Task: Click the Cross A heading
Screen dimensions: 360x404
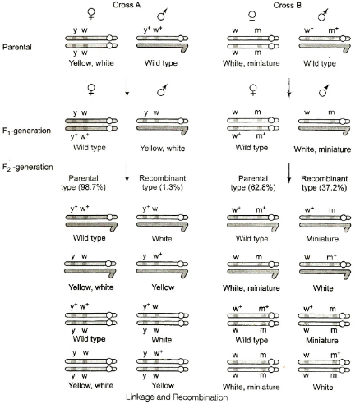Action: (127, 5)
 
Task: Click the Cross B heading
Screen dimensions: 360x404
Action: (288, 5)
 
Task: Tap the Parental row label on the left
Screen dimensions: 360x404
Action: (17, 47)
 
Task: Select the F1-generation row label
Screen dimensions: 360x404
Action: (26, 131)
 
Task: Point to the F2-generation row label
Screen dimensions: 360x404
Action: (27, 167)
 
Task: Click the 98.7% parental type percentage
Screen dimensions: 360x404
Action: (92, 187)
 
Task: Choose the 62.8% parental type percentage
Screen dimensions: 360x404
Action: (261, 188)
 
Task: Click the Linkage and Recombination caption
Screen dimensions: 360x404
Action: (177, 397)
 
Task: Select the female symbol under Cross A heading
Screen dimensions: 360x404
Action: (91, 14)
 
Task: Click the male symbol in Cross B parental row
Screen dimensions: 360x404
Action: (323, 15)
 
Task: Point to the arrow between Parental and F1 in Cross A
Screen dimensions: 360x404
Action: (127, 88)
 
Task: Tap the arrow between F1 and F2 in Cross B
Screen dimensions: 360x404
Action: (289, 173)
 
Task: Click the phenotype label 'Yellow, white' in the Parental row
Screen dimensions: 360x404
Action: (91, 63)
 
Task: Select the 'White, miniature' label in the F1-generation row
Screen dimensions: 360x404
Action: (322, 149)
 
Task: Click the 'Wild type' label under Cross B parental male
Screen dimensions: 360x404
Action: (320, 63)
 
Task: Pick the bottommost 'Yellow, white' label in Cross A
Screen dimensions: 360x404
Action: (91, 386)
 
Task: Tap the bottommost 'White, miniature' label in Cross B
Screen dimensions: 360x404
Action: (252, 387)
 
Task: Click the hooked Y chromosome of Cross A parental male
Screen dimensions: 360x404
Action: (162, 47)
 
